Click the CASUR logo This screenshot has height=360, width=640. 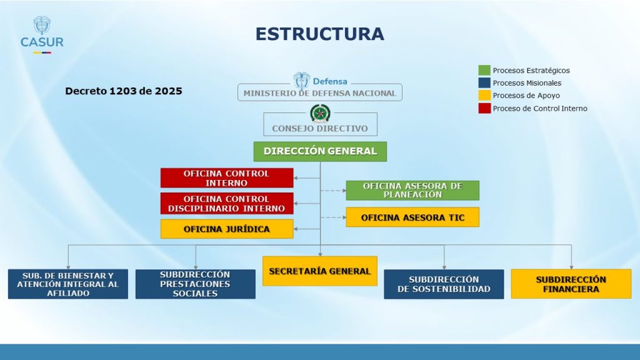[x=42, y=35]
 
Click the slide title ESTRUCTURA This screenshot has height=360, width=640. [x=319, y=34]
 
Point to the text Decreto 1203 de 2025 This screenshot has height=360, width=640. [x=124, y=91]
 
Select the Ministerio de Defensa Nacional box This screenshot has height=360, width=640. [x=320, y=92]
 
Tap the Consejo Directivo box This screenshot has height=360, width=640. [x=320, y=125]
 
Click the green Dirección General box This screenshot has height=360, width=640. [x=320, y=151]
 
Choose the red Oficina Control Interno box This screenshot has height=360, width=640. [x=227, y=178]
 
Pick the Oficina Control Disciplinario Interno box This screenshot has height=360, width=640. [x=227, y=204]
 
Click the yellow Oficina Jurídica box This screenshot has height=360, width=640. [x=227, y=229]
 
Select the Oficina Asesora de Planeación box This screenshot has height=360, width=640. [x=412, y=191]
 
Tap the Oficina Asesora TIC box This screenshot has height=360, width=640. [x=412, y=217]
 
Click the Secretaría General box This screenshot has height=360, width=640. [x=320, y=271]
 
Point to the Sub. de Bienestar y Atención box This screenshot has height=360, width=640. [x=68, y=284]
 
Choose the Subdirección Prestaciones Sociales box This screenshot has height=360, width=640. [x=196, y=284]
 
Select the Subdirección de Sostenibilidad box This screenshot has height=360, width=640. [x=444, y=284]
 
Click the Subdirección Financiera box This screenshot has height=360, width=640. [x=571, y=284]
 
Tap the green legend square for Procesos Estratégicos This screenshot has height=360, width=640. [x=484, y=70]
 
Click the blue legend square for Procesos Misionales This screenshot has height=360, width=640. [x=484, y=83]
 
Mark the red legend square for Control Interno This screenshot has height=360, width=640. [x=484, y=108]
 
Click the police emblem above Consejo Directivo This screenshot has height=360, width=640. [x=321, y=114]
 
